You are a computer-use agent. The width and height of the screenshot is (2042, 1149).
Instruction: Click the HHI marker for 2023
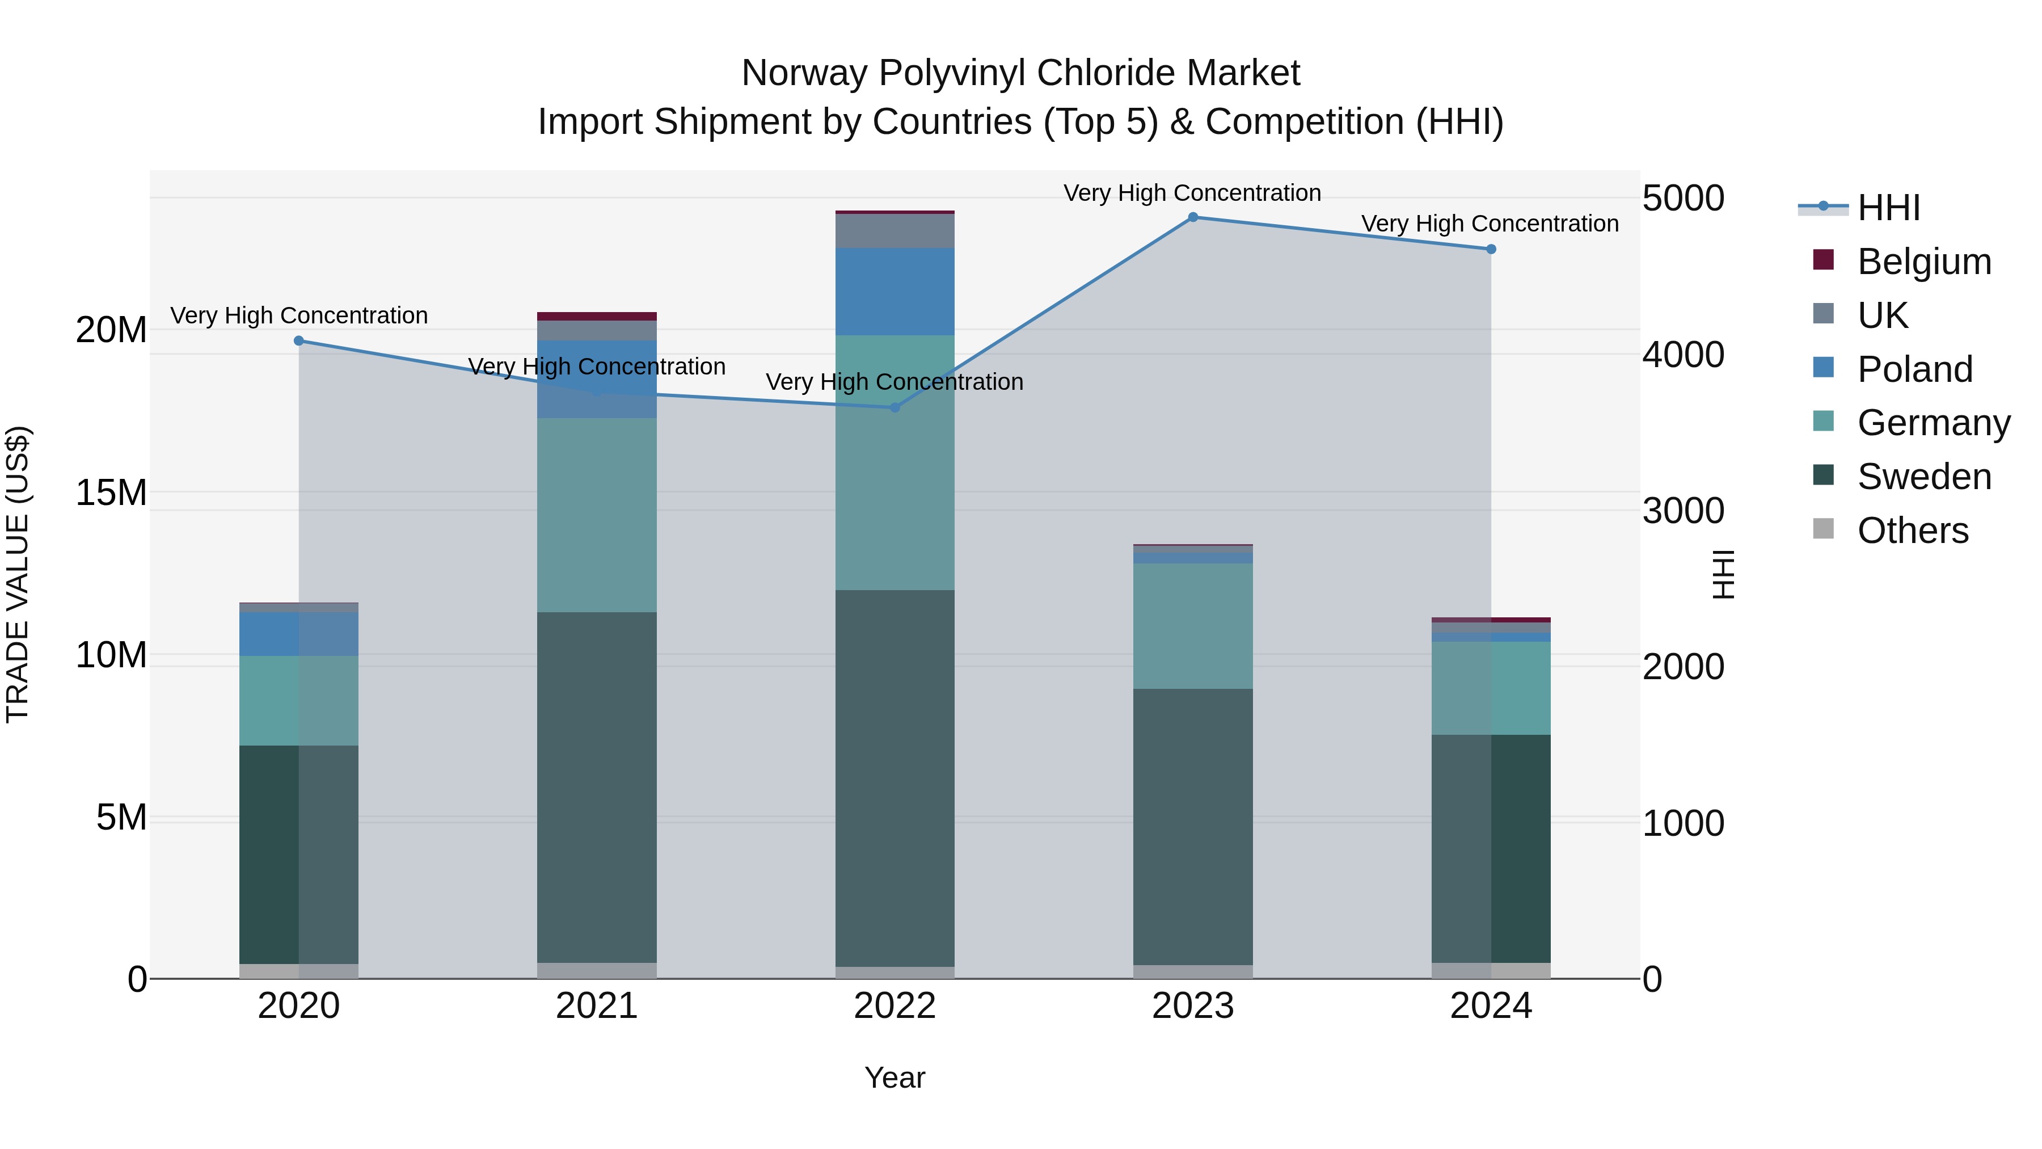point(1192,217)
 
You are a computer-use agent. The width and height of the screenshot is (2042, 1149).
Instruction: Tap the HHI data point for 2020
point(299,341)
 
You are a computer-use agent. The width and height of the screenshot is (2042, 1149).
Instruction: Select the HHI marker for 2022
point(895,407)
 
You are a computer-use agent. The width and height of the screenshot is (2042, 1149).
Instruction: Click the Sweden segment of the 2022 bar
point(895,777)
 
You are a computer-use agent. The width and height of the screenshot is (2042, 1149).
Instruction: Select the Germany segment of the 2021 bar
point(597,515)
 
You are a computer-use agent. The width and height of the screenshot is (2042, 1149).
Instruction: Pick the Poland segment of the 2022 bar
point(895,291)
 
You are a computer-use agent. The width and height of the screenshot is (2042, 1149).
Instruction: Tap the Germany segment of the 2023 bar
point(1192,626)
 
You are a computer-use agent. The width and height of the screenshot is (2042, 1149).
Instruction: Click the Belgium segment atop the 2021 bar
point(597,317)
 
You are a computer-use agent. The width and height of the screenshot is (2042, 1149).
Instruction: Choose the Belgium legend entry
point(1924,262)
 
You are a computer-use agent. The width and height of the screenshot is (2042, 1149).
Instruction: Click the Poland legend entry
point(1914,369)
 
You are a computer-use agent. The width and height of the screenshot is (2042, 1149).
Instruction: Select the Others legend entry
point(1912,531)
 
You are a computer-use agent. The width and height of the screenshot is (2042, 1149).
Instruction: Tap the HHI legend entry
point(1888,208)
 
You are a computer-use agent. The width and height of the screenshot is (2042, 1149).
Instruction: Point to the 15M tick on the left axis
point(111,493)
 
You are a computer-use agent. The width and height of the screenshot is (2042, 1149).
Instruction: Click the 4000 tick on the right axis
point(1682,355)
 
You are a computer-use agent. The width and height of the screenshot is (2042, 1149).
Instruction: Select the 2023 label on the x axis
point(1192,1006)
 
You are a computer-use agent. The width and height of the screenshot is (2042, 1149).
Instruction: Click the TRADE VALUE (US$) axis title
point(18,574)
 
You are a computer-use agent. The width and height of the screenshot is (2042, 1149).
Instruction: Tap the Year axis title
point(895,1078)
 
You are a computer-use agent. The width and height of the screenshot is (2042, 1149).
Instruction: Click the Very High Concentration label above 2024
point(1490,224)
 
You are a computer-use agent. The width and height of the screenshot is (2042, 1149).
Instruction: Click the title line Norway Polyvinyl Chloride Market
point(1020,73)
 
